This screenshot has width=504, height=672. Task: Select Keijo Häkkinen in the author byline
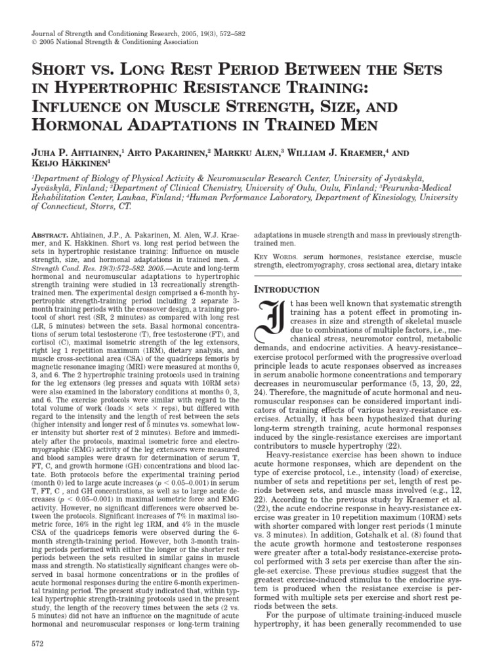point(67,164)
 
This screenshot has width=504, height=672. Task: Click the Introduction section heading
point(286,289)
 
